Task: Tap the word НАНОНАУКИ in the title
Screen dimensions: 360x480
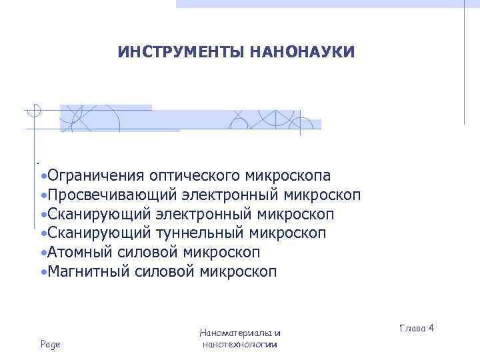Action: pyautogui.click(x=303, y=52)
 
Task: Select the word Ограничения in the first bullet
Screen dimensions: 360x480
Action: pyautogui.click(x=96, y=176)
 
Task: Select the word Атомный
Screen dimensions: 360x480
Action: pyautogui.click(x=77, y=253)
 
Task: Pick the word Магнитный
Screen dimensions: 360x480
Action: pyautogui.click(x=83, y=272)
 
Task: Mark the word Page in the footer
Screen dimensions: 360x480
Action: pyautogui.click(x=50, y=344)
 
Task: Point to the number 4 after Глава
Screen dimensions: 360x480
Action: pyautogui.click(x=431, y=328)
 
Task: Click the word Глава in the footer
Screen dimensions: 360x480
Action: pyautogui.click(x=412, y=328)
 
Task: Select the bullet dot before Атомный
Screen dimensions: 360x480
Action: pyautogui.click(x=43, y=253)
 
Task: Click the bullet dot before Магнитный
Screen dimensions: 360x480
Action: pyautogui.click(x=43, y=273)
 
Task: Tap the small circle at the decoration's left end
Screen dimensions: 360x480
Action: pyautogui.click(x=35, y=111)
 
